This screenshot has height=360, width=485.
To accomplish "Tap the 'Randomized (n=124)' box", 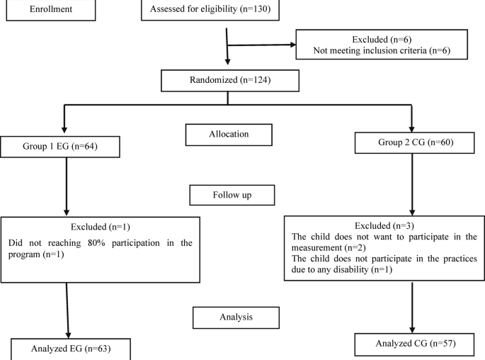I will coord(227,80).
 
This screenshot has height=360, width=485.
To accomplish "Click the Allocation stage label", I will coord(229,133).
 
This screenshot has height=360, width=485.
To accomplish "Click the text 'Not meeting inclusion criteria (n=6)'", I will coord(382,51).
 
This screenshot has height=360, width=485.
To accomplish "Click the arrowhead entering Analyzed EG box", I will coord(69,334).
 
